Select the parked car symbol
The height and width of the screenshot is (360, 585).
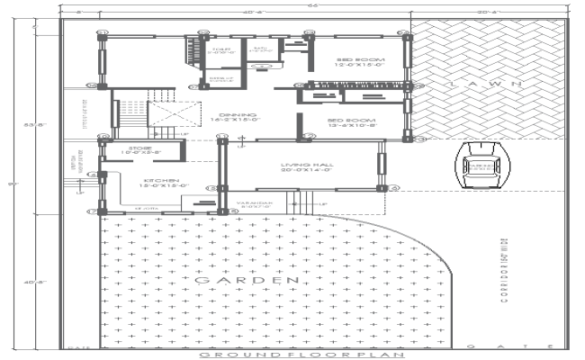[x=478, y=166]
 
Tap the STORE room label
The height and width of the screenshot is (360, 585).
[x=140, y=150]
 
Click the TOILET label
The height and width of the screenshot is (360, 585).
[x=220, y=51]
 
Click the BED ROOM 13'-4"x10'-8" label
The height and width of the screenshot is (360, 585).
[x=351, y=122]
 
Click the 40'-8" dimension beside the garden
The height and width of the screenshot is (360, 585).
[x=29, y=283]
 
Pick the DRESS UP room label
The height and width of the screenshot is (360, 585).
[x=221, y=81]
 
